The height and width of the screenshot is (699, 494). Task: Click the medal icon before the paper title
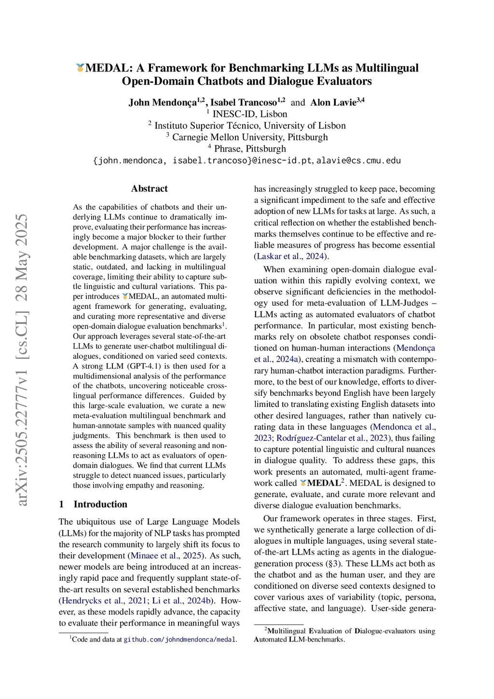[x=80, y=68]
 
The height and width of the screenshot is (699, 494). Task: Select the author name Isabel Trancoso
[x=244, y=102]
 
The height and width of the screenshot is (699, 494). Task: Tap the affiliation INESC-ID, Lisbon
[x=249, y=114]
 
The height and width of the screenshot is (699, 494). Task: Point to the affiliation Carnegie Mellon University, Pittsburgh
[x=250, y=137]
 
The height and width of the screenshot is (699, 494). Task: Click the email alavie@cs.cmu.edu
[x=358, y=161]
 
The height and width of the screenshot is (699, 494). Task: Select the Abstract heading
[x=149, y=189]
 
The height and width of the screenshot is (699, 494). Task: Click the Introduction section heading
[x=100, y=504]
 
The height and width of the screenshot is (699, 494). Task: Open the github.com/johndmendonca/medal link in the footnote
[x=179, y=640]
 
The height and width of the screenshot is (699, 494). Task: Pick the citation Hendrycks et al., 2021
[x=101, y=601]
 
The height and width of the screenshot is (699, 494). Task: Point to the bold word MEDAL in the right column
[x=324, y=483]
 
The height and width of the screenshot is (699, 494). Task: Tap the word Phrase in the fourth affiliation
[x=228, y=149]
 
